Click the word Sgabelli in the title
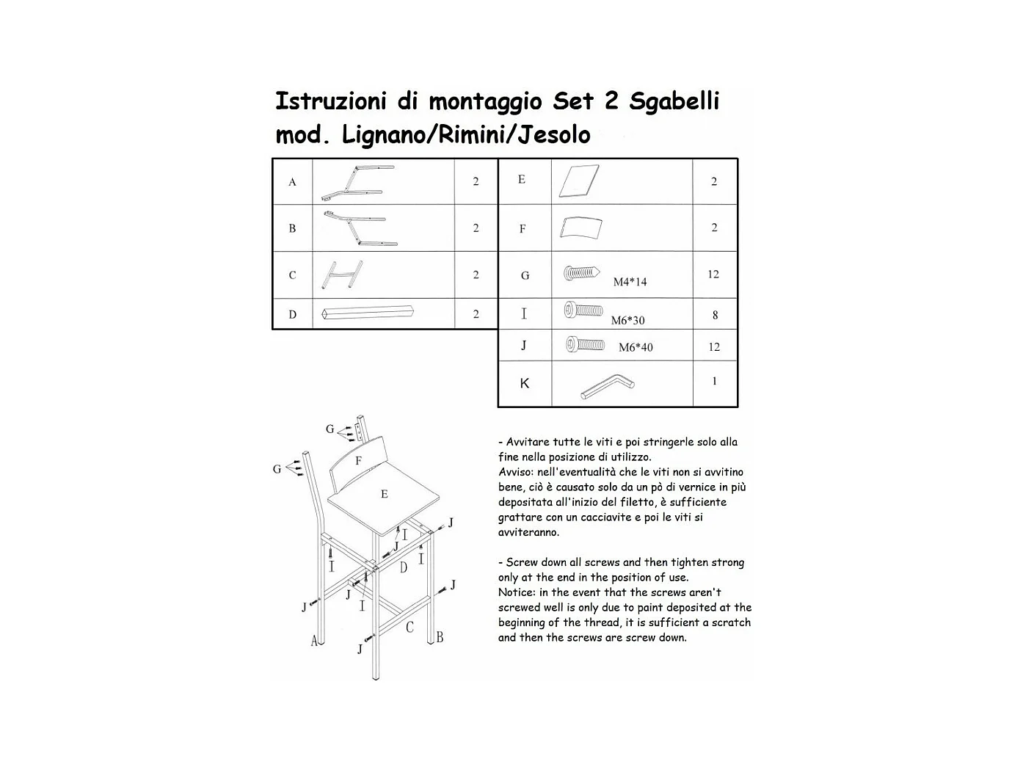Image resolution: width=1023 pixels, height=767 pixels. [x=674, y=101]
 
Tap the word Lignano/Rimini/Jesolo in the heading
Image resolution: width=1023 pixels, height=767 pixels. [x=466, y=135]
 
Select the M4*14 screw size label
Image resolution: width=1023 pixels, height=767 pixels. [x=630, y=282]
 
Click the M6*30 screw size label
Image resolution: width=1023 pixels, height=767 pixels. [x=627, y=320]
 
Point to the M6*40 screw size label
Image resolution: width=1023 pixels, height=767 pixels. [x=635, y=347]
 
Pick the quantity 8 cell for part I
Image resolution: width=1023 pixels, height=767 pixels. [x=714, y=316]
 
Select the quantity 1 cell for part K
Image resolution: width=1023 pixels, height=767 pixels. [x=714, y=381]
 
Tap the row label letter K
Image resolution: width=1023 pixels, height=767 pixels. [x=524, y=383]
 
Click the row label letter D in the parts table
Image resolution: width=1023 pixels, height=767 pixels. [x=292, y=314]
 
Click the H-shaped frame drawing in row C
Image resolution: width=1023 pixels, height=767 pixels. [x=341, y=275]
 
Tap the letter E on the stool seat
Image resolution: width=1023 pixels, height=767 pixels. [x=384, y=495]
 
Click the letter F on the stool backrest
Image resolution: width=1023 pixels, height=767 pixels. [x=358, y=461]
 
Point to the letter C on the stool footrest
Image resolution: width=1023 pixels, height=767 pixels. [x=409, y=628]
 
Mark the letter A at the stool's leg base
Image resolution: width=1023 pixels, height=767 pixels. [x=314, y=641]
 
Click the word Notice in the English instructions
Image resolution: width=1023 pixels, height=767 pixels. [x=516, y=592]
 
